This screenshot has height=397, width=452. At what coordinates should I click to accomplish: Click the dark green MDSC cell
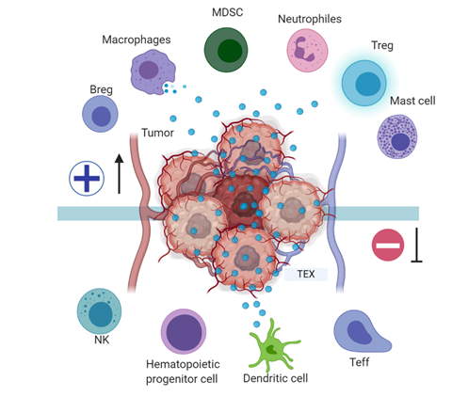pyautogui.click(x=226, y=50)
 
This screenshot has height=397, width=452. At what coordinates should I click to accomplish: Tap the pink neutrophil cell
pyautogui.click(x=307, y=50)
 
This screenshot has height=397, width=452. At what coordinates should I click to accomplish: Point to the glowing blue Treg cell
pyautogui.click(x=364, y=84)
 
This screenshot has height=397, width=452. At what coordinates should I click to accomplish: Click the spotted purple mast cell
pyautogui.click(x=397, y=136)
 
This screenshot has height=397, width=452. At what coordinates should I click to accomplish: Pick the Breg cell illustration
pyautogui.click(x=100, y=114)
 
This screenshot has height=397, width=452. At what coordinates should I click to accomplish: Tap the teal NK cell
pyautogui.click(x=99, y=311)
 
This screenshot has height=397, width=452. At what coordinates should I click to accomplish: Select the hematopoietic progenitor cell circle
pyautogui.click(x=184, y=332)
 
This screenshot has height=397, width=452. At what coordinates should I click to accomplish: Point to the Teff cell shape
pyautogui.click(x=361, y=332)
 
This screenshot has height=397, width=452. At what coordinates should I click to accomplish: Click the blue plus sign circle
pyautogui.click(x=87, y=179)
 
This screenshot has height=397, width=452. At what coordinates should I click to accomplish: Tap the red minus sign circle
pyautogui.click(x=388, y=245)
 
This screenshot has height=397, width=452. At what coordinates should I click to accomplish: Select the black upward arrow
pyautogui.click(x=119, y=173)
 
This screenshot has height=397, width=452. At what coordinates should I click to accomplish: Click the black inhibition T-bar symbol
pyautogui.click(x=416, y=245)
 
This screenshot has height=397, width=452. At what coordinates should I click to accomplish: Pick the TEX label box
pyautogui.click(x=306, y=274)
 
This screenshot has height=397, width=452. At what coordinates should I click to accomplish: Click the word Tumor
pyautogui.click(x=157, y=133)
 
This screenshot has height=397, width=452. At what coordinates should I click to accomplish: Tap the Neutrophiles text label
pyautogui.click(x=310, y=19)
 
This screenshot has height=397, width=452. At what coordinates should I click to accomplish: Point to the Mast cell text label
pyautogui.click(x=412, y=101)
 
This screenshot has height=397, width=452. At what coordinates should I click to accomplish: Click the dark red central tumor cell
pyautogui.click(x=242, y=200)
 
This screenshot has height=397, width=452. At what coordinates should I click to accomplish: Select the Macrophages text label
pyautogui.click(x=137, y=40)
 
